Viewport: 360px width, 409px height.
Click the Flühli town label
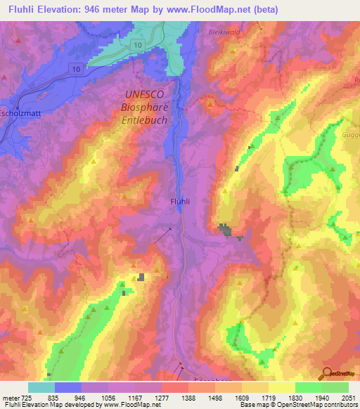click(181, 201)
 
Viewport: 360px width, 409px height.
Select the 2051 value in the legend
click(348, 398)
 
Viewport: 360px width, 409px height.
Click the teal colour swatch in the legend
click(41, 387)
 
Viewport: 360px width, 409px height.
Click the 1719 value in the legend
click(268, 398)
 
